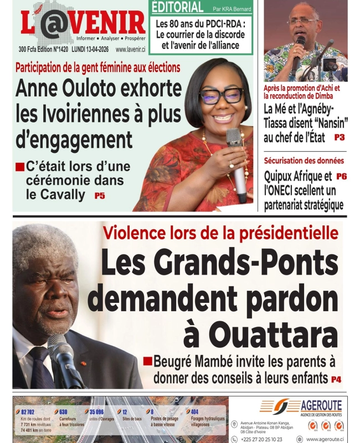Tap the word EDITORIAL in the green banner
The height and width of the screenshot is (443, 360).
[177, 7]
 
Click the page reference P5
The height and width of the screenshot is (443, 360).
[99, 195]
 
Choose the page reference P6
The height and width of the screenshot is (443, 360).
[341, 177]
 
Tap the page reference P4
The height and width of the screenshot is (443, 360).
[336, 379]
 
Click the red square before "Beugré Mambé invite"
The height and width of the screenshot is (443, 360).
[147, 361]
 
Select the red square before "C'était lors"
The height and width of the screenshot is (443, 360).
[19, 166]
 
